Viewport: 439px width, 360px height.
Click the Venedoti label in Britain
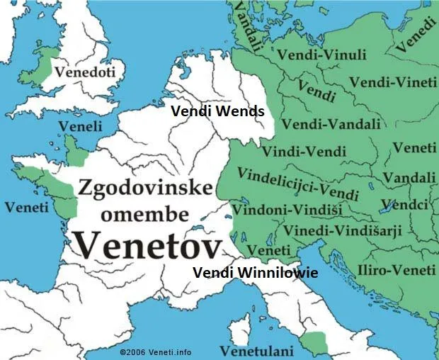click(85, 72)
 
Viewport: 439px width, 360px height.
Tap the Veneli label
click(79, 125)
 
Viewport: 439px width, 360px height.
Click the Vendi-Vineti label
click(394, 83)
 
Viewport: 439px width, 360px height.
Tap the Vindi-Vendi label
click(304, 152)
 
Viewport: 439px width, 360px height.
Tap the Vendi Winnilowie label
click(255, 272)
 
